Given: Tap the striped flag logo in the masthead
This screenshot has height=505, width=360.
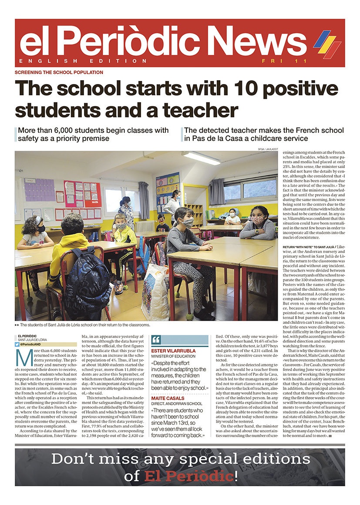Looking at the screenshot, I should [327, 44].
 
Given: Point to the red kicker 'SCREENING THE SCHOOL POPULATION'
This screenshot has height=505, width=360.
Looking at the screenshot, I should [59, 72].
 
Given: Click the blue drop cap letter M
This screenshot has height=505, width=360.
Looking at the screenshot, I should [24, 357].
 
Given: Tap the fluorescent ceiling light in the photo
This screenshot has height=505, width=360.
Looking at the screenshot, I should [201, 158].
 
